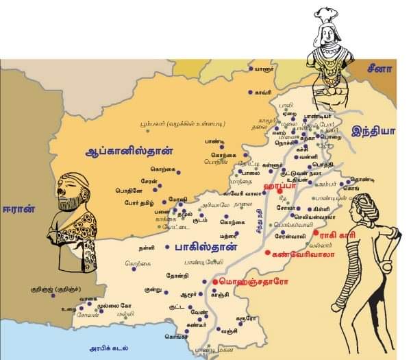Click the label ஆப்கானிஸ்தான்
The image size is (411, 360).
(x=135, y=149)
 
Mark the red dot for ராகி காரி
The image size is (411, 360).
(x=316, y=234)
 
